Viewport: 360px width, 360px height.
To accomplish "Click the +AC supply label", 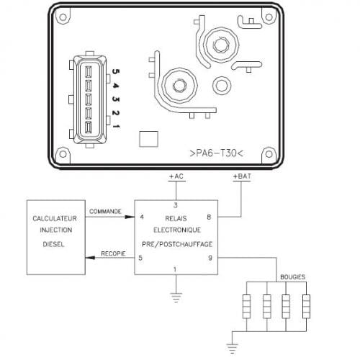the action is click(x=176, y=176).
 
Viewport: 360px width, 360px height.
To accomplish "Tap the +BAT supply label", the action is click(x=242, y=176).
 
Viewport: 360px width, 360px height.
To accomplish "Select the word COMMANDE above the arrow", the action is click(x=105, y=212).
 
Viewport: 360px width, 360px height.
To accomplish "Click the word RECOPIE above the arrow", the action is click(x=113, y=253).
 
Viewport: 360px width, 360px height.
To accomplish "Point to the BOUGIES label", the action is click(x=293, y=277).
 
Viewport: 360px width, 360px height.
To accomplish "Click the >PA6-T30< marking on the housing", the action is click(x=217, y=153).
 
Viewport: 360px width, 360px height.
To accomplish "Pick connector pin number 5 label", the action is click(x=116, y=71).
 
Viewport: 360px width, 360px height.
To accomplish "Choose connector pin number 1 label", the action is click(x=117, y=126).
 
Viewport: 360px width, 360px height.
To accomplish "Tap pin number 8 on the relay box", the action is click(x=209, y=217).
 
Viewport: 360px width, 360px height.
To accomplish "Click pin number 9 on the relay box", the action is click(x=210, y=258).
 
